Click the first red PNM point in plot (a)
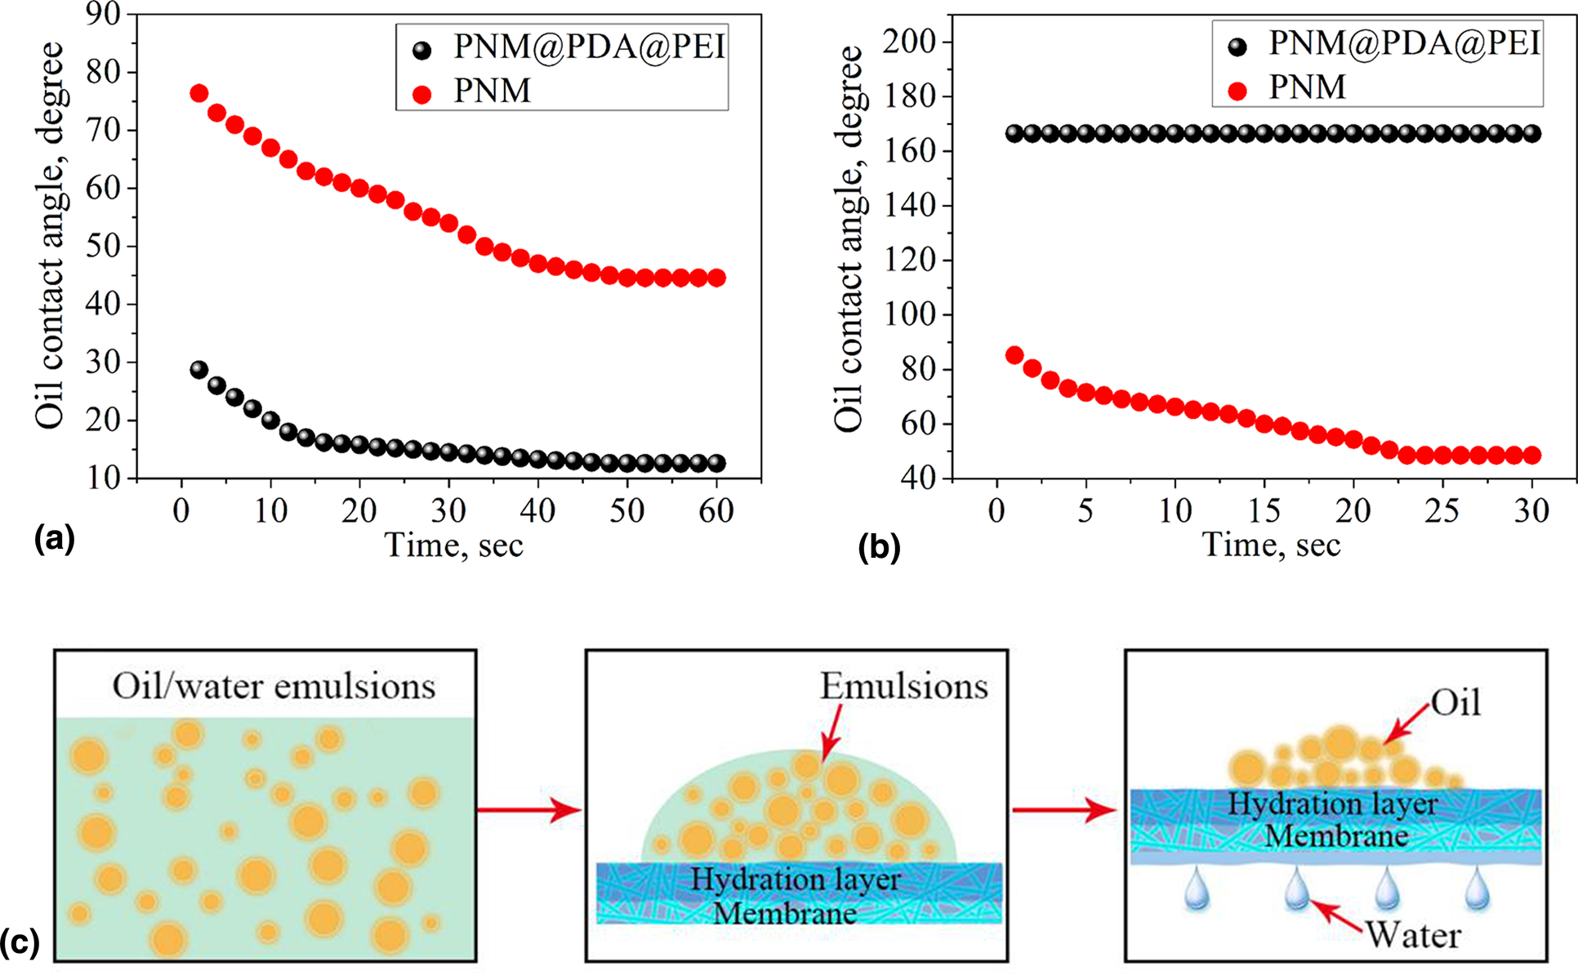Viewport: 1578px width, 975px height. [199, 93]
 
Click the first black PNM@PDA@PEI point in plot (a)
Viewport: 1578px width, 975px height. [199, 369]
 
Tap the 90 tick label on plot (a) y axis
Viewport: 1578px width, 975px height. [103, 15]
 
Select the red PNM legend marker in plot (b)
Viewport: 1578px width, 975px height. [1238, 91]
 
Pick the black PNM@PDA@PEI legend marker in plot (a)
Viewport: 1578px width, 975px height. [422, 51]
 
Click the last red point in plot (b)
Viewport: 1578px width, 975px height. [1532, 455]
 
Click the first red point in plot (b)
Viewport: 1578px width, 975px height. [1014, 355]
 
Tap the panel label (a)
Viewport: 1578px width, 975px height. [54, 539]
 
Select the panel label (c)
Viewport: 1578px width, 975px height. [20, 942]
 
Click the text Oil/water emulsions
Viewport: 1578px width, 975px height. [274, 686]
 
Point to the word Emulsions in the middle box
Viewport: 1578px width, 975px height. [904, 686]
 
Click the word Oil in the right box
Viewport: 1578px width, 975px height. [1456, 702]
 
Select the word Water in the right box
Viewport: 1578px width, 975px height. [1413, 935]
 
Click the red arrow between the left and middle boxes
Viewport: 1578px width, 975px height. [529, 810]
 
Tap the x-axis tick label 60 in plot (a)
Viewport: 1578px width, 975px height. [716, 511]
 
